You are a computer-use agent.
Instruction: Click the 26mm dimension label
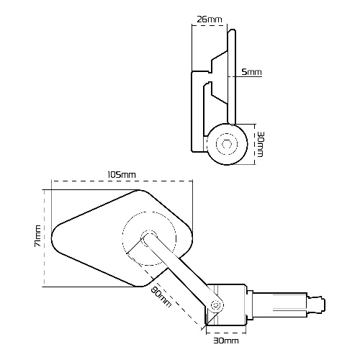(210, 19)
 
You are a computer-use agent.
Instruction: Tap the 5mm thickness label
(251, 72)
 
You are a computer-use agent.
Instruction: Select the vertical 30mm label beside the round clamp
(260, 144)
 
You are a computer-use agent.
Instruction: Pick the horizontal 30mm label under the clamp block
(226, 341)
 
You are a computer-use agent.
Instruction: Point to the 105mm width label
(122, 175)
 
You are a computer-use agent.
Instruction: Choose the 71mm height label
(37, 236)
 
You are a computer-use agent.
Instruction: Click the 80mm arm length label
(161, 297)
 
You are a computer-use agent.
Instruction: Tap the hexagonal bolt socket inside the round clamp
(227, 144)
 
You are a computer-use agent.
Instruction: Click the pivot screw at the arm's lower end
(215, 305)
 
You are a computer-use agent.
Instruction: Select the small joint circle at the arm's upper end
(149, 238)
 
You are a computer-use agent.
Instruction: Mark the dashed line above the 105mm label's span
(122, 181)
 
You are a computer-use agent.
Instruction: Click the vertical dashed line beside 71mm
(45, 238)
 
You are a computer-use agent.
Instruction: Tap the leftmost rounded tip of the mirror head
(52, 238)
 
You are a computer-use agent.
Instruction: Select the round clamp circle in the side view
(227, 144)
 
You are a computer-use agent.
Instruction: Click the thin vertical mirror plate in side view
(232, 77)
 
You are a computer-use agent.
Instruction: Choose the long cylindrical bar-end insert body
(280, 305)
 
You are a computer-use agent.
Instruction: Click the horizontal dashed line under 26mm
(210, 24)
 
